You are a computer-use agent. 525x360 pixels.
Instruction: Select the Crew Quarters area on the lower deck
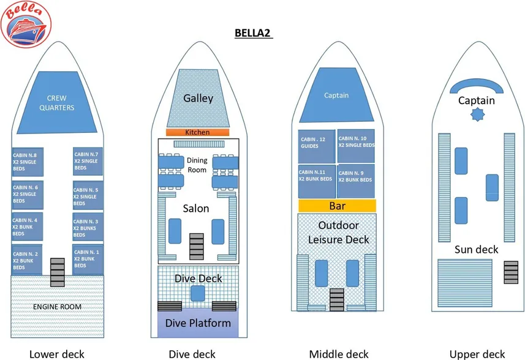coord(60,103)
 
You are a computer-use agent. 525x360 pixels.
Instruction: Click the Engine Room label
coord(57,306)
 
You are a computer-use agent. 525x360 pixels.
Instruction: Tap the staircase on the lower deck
coord(57,272)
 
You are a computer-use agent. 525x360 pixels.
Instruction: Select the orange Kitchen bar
coord(197,132)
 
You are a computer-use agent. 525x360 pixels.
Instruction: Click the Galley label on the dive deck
coord(198,98)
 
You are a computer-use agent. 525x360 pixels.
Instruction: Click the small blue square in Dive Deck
coord(197,293)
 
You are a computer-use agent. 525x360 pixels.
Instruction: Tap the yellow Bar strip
coord(336,206)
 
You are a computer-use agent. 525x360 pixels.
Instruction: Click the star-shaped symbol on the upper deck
coord(476,115)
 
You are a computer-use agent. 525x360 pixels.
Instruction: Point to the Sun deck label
coord(476,249)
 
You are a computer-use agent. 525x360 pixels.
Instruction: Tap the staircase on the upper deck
coord(510,271)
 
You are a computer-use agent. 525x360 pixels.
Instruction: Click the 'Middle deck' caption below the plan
coord(339,353)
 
